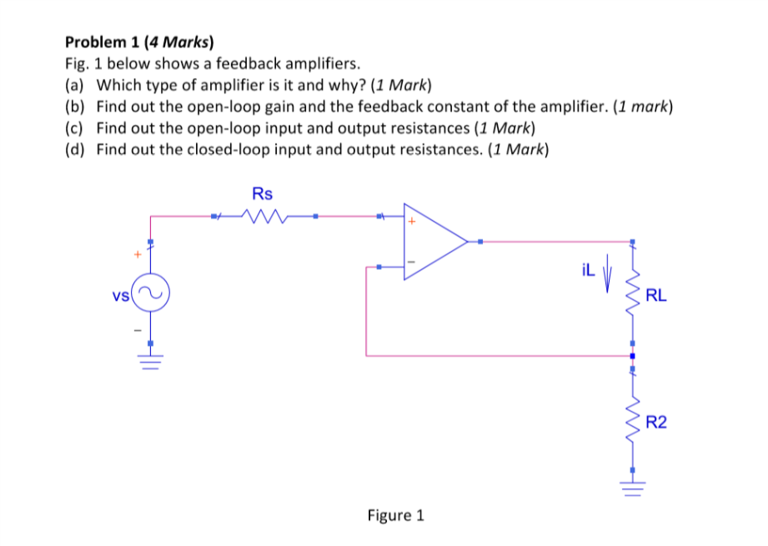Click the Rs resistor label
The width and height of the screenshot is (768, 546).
click(262, 194)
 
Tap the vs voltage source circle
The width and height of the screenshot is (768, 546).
click(151, 294)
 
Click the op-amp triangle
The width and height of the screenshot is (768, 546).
click(434, 242)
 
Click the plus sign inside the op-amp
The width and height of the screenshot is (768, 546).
click(411, 223)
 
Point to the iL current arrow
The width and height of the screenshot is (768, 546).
click(607, 275)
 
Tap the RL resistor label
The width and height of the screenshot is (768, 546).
click(656, 295)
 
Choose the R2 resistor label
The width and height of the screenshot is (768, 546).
click(656, 423)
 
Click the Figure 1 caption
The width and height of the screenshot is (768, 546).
click(395, 515)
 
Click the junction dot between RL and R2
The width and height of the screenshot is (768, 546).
click(633, 356)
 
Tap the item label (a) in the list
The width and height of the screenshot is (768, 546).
click(75, 85)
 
